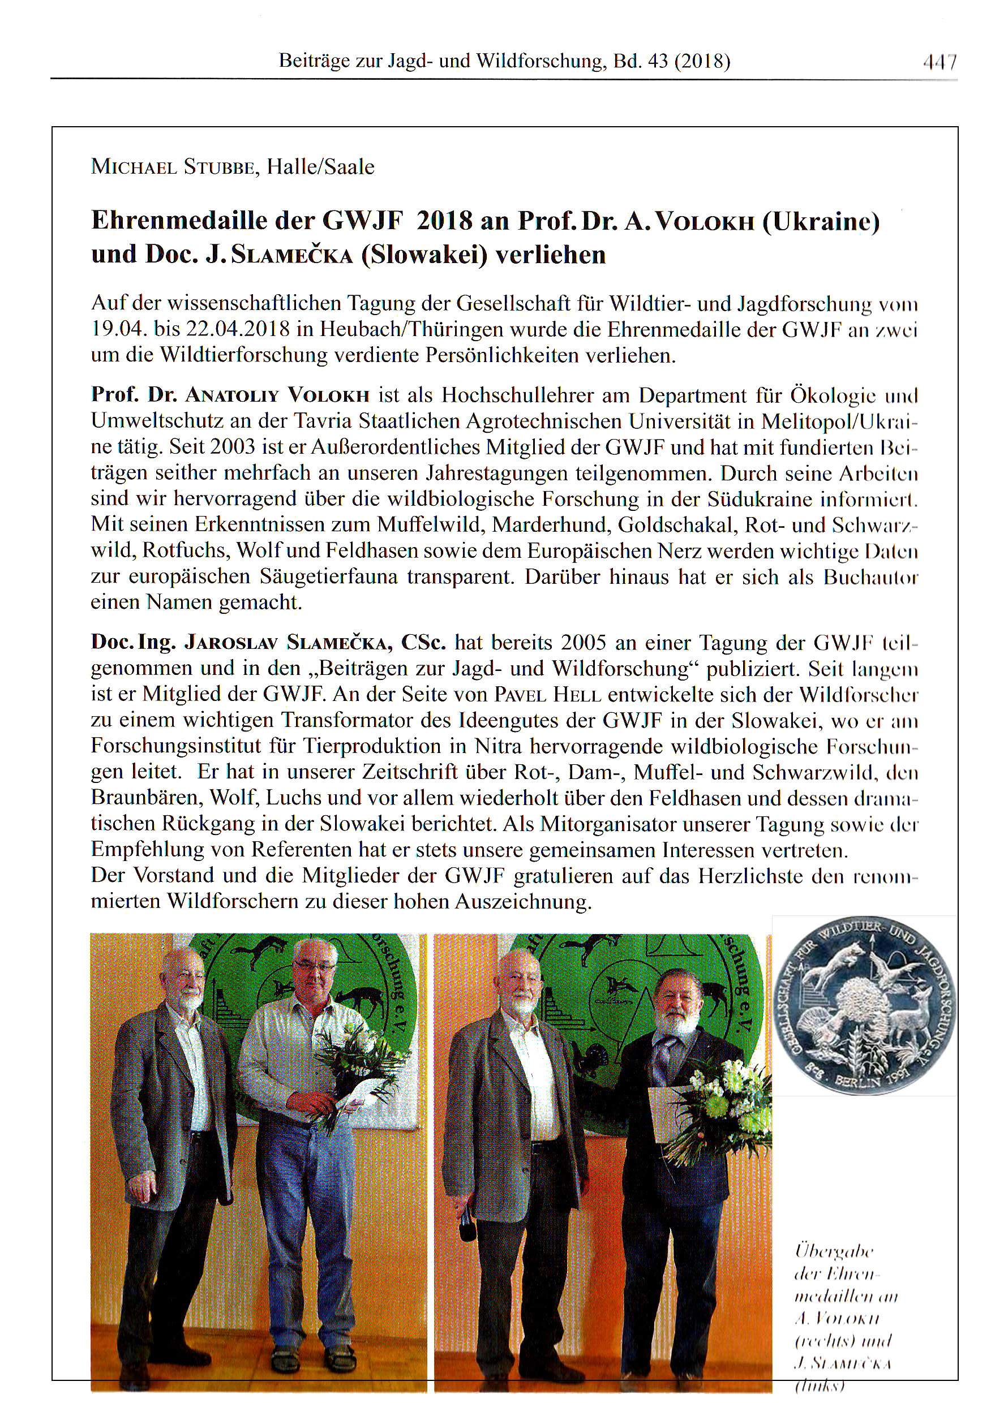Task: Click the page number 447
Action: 940,62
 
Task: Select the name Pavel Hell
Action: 548,694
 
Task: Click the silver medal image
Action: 864,1006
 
